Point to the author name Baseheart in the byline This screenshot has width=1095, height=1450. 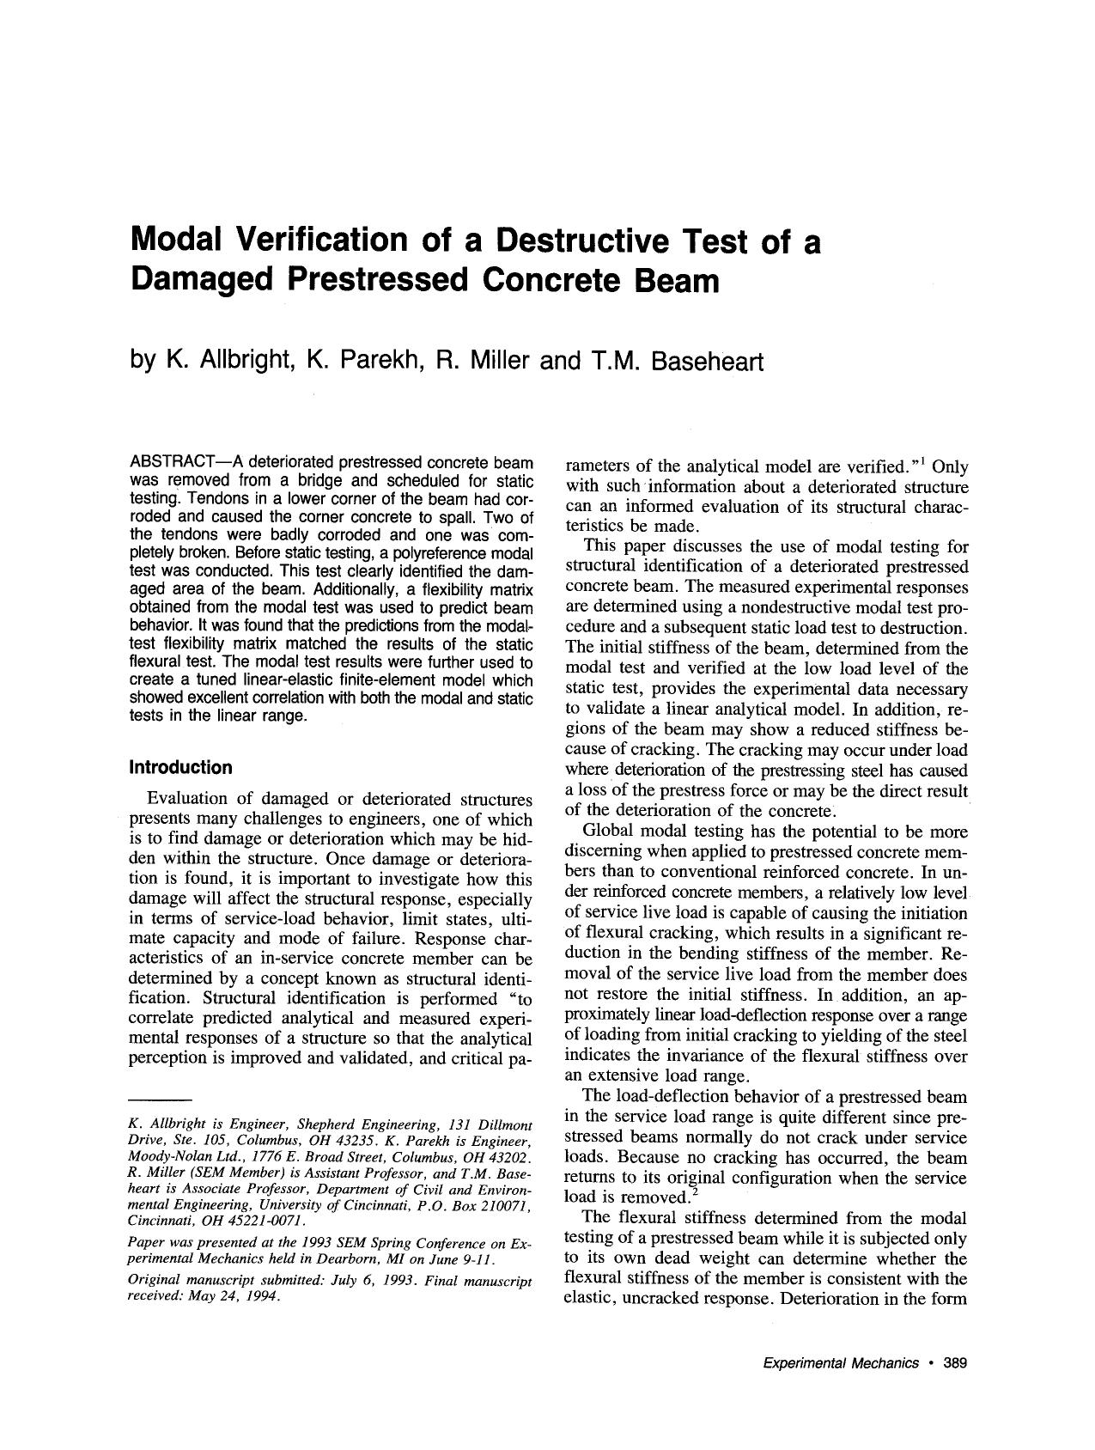[x=707, y=361]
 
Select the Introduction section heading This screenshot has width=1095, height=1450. [x=180, y=767]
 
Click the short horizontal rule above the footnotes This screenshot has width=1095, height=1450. [x=158, y=1100]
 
